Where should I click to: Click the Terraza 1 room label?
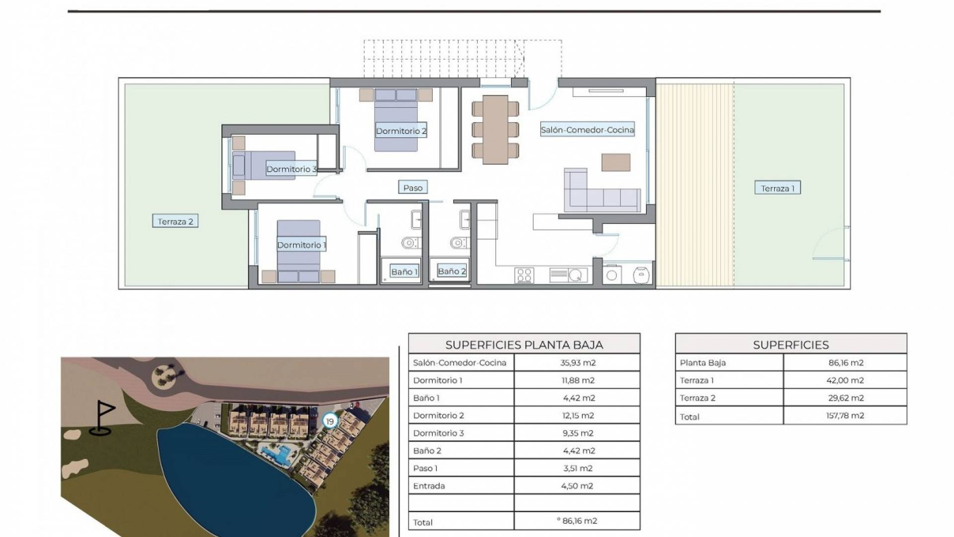point(777,188)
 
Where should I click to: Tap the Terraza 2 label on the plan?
point(175,221)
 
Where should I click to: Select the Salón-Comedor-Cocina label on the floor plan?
point(587,130)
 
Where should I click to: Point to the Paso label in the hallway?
point(413,187)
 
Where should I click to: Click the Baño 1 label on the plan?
point(404,271)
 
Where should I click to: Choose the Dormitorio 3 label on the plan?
point(291,169)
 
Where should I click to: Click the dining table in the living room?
point(495,129)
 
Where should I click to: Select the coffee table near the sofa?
point(616,162)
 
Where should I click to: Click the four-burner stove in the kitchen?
point(524,275)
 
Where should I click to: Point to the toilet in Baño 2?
point(459,243)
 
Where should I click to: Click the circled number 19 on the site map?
point(329,421)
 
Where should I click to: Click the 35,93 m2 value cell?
point(577,362)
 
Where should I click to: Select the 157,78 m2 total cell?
point(845,416)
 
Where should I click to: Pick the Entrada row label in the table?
point(429,486)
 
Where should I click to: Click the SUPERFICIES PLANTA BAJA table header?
point(524,345)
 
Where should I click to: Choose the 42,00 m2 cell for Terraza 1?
point(845,380)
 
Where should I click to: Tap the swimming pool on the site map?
point(278,453)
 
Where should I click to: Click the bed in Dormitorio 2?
point(396,119)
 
